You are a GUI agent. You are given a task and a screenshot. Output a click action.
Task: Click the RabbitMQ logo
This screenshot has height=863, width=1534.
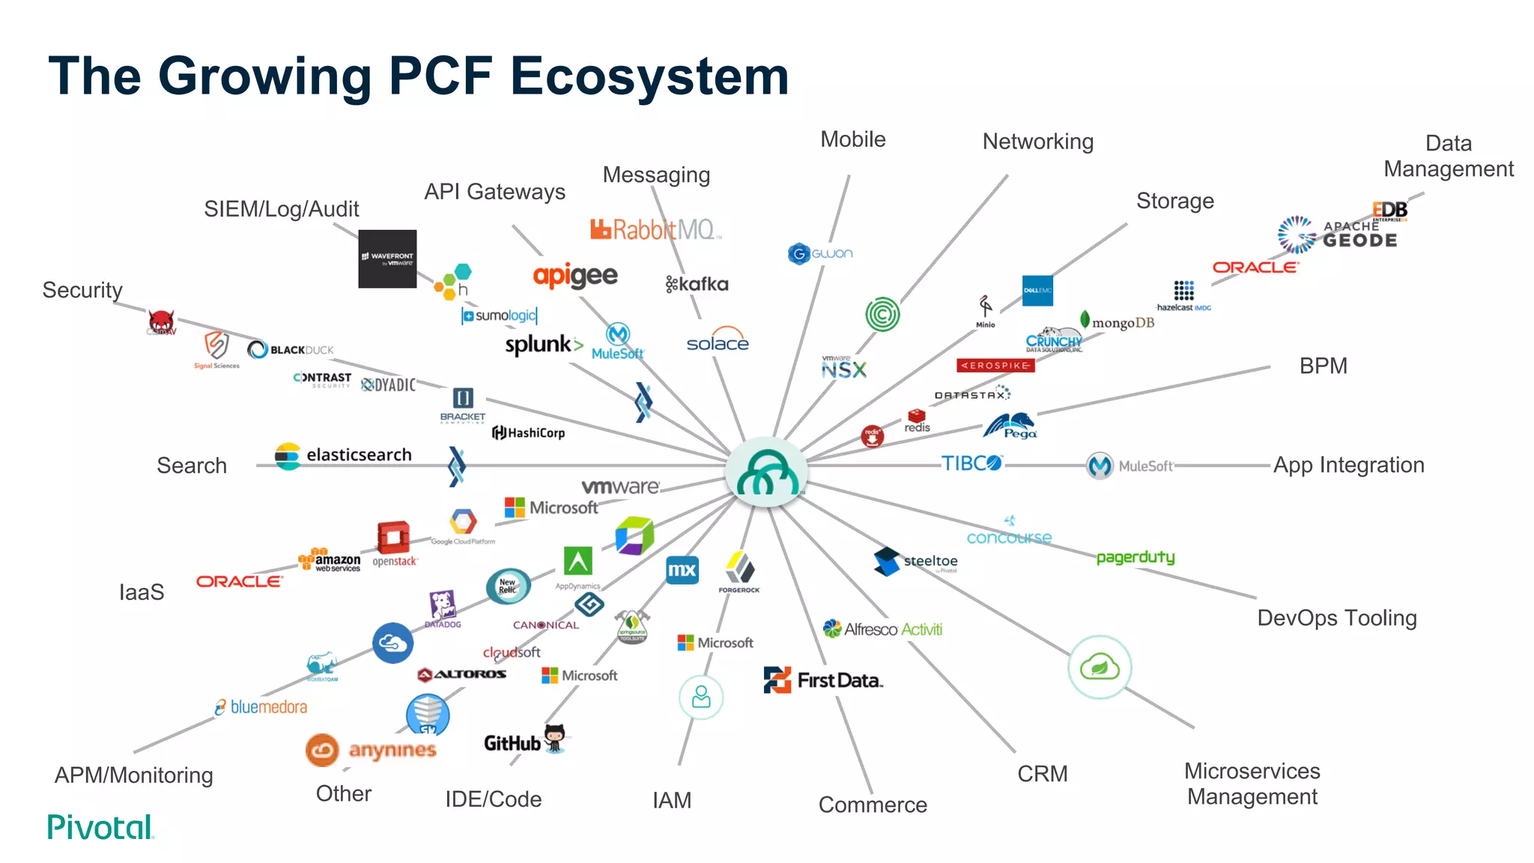pos(655,229)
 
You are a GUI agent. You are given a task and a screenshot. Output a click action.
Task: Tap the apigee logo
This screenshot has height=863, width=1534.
pos(575,276)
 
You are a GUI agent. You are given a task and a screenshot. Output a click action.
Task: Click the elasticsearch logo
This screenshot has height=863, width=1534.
pos(344,455)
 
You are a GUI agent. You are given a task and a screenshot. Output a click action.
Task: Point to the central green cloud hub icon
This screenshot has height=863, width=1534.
pos(766,473)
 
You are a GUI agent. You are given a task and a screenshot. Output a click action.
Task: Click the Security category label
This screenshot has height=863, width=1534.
pos(82,290)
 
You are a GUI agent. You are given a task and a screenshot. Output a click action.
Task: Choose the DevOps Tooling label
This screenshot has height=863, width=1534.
pos(1336,618)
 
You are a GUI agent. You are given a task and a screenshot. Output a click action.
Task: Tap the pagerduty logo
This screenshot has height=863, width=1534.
pos(1136,557)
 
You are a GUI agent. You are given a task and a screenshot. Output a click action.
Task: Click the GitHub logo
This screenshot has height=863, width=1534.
pos(524,742)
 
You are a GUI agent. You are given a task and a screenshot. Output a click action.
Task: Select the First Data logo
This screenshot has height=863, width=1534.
pos(824,680)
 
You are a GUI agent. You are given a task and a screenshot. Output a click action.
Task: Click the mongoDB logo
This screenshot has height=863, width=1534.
pos(1118,322)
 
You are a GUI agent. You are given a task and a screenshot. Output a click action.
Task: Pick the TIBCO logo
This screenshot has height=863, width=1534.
pos(971,464)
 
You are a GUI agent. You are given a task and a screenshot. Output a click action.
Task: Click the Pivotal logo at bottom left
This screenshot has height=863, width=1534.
pos(100,827)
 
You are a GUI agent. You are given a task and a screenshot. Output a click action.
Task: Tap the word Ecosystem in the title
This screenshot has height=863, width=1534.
pos(649,76)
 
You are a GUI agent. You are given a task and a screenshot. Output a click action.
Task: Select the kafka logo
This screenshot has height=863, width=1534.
pos(697,284)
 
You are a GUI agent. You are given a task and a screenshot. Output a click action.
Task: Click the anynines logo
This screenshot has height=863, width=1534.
pos(372,750)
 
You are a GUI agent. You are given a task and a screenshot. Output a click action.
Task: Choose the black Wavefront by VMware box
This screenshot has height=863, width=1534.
pos(387,259)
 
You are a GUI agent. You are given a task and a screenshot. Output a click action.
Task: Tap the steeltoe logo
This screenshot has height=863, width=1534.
pos(916,561)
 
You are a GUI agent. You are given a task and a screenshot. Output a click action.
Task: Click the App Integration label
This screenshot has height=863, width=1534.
pos(1348,465)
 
